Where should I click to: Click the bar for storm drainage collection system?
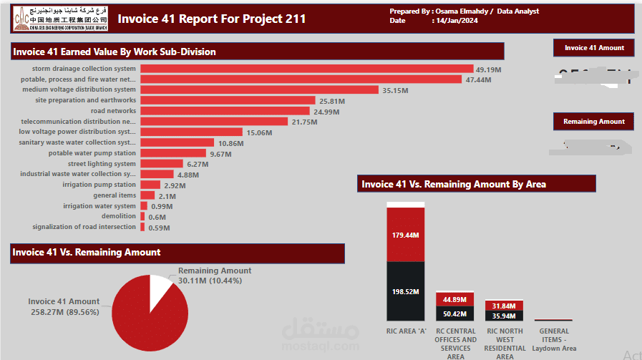tap(306, 69)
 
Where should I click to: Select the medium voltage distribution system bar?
tap(259, 90)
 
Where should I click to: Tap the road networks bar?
tap(225, 111)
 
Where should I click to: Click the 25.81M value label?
tap(332, 101)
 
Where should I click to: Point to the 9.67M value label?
tap(221, 154)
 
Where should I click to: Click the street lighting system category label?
tap(102, 164)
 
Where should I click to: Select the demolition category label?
tap(118, 216)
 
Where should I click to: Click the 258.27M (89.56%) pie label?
tap(64, 312)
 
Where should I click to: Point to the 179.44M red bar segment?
tap(406, 235)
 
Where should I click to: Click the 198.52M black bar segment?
tap(406, 291)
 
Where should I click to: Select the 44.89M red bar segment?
tap(455, 300)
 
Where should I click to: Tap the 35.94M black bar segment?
tap(505, 315)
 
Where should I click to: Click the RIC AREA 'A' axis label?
tap(406, 331)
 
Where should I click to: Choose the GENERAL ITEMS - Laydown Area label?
tap(554, 340)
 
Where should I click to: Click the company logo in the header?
tap(60, 19)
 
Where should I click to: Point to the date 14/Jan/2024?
tap(455, 21)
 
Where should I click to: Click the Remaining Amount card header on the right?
tap(593, 122)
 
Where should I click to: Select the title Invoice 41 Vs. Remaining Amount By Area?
tap(454, 184)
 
